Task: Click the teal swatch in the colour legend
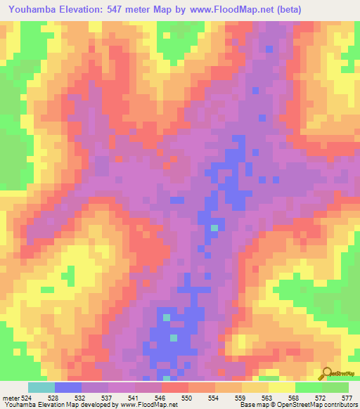click(x=41, y=387)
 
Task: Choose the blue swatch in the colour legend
click(x=68, y=387)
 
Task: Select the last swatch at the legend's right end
click(x=335, y=387)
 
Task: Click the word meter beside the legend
click(x=11, y=398)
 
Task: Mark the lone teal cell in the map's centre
click(x=214, y=228)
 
